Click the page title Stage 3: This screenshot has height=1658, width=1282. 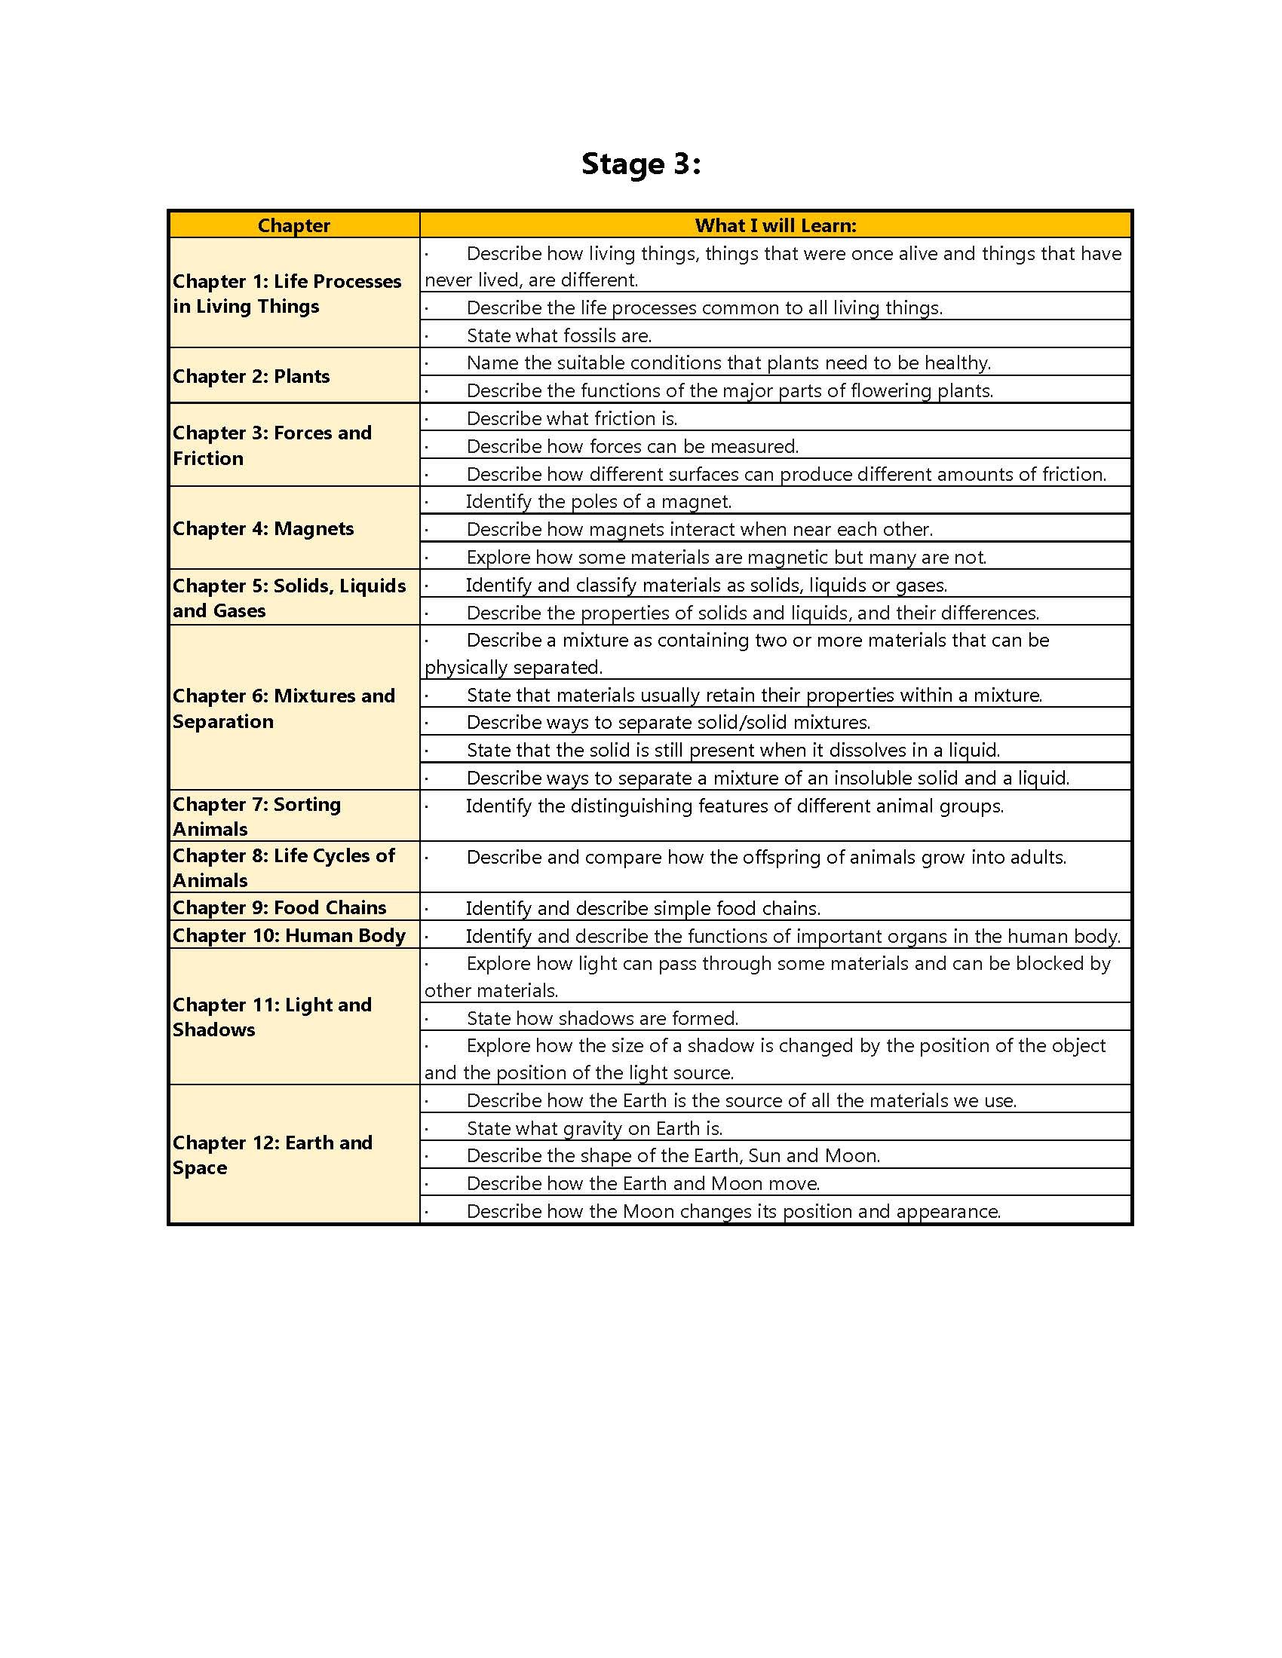[x=640, y=164]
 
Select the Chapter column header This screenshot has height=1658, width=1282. [x=293, y=225]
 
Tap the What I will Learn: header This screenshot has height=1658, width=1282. [x=774, y=225]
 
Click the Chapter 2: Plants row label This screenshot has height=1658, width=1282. [x=251, y=377]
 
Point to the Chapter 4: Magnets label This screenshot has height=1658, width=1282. [x=262, y=528]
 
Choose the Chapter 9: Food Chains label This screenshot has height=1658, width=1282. [x=280, y=907]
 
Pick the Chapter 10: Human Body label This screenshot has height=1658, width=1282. [x=289, y=935]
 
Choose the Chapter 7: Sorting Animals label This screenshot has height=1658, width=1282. [x=256, y=816]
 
